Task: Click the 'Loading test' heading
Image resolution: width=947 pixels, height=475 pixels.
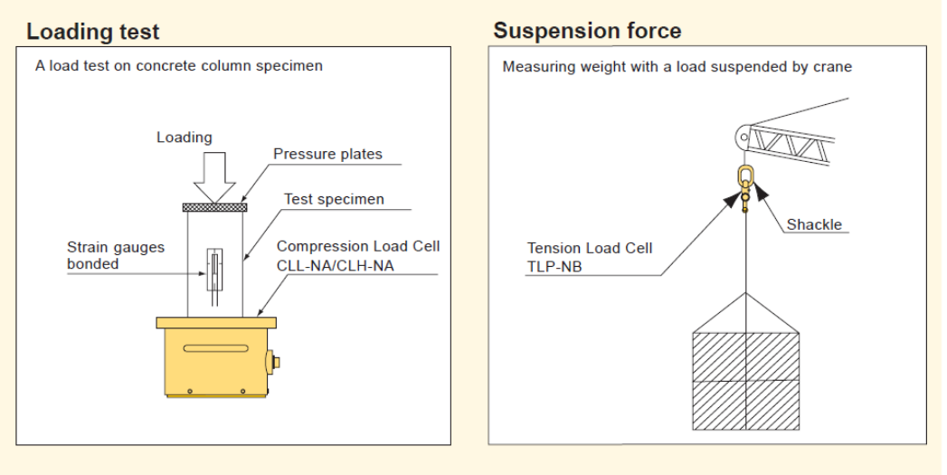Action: (x=92, y=33)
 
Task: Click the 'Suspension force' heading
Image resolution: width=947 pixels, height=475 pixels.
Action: (x=587, y=32)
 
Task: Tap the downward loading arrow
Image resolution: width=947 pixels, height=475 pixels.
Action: (x=214, y=177)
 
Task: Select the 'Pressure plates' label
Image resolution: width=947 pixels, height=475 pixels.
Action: (x=327, y=155)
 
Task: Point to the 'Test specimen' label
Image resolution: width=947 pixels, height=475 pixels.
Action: (x=334, y=199)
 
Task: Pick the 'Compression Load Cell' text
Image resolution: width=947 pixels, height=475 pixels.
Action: (x=358, y=246)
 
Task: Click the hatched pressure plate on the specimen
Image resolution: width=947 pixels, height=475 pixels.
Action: (x=214, y=207)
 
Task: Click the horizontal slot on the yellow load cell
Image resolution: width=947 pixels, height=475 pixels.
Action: (x=215, y=348)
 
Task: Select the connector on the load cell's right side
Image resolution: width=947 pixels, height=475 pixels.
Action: (x=271, y=362)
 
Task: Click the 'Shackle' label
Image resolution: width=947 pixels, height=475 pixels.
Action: (x=813, y=224)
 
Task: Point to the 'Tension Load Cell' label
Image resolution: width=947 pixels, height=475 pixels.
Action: (x=589, y=249)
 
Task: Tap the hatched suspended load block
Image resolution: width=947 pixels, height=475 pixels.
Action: (x=745, y=379)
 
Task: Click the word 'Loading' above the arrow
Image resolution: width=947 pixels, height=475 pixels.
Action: (x=184, y=138)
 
